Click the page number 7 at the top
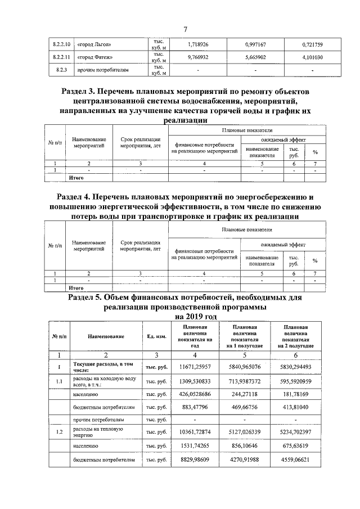(184, 30)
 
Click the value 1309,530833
(194, 381)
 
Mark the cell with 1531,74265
(194, 445)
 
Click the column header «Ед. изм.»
(156, 337)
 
